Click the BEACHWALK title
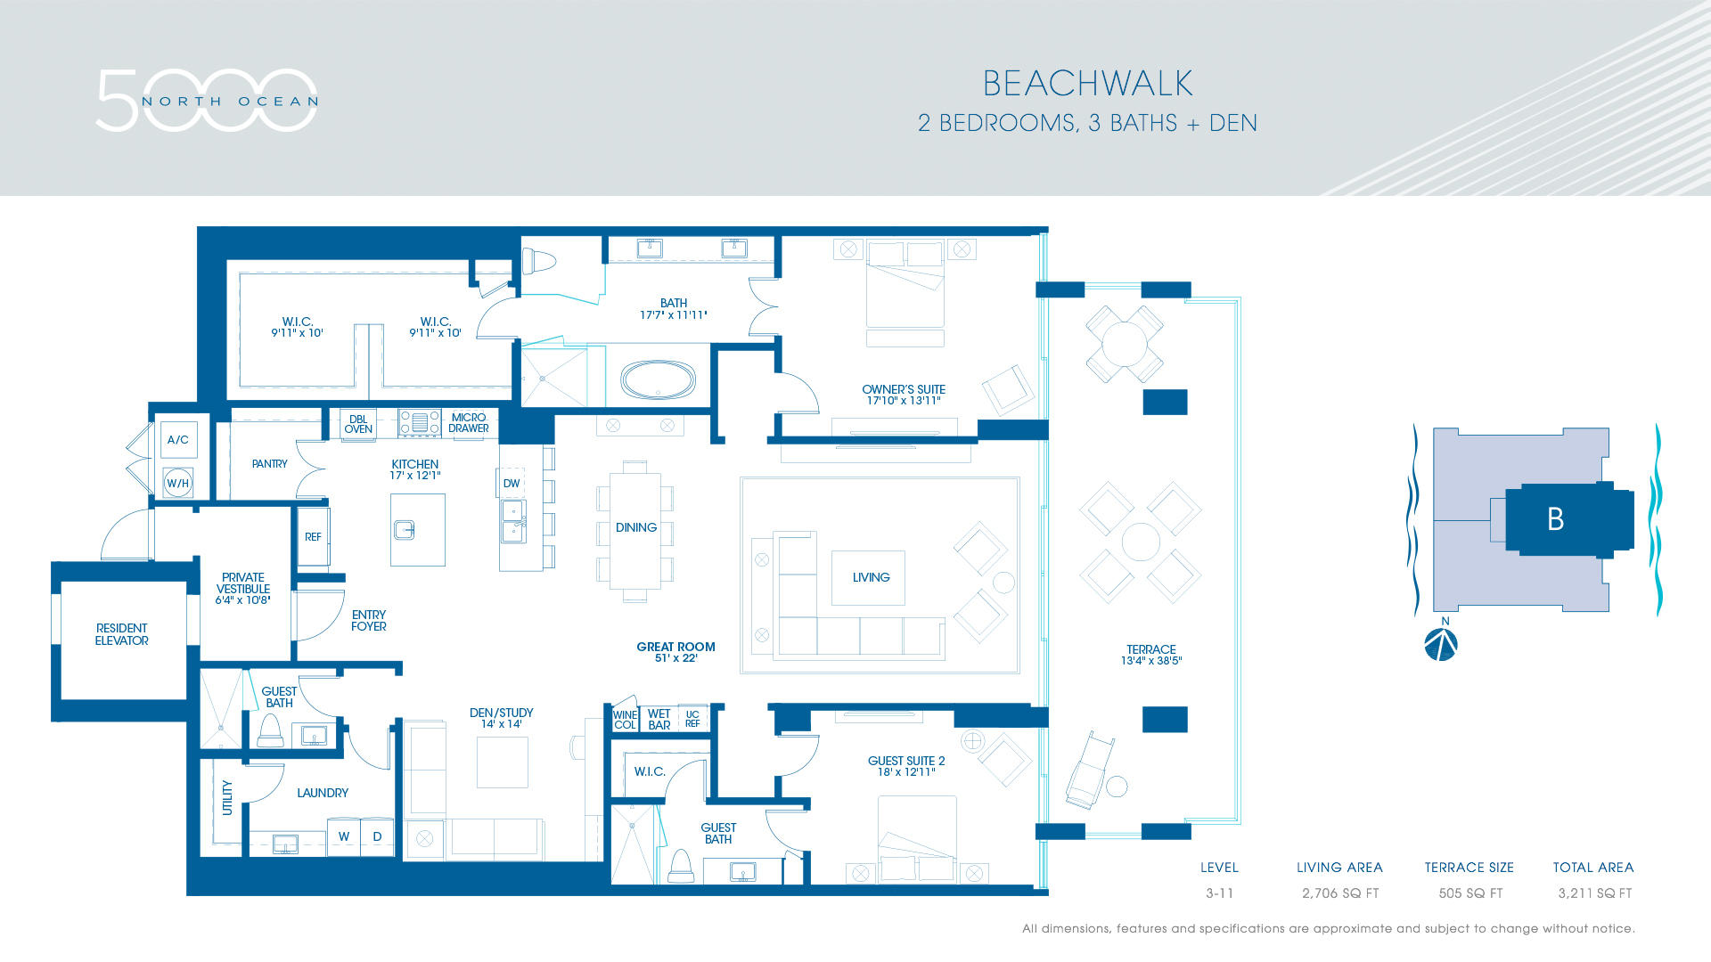click(1087, 84)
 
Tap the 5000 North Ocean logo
click(207, 100)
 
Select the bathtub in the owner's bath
click(659, 380)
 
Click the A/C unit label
click(178, 439)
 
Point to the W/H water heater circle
click(177, 483)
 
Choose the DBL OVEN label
click(358, 424)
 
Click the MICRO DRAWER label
click(469, 423)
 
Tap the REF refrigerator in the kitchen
click(313, 536)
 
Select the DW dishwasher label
click(512, 484)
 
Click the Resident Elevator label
click(122, 634)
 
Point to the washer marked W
click(344, 836)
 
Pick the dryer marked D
click(377, 836)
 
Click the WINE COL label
click(626, 720)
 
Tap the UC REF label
click(692, 719)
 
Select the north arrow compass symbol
click(1441, 643)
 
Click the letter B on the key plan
click(1555, 519)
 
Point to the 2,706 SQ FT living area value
click(1340, 893)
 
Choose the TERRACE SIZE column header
click(1469, 868)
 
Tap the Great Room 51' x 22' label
click(675, 652)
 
